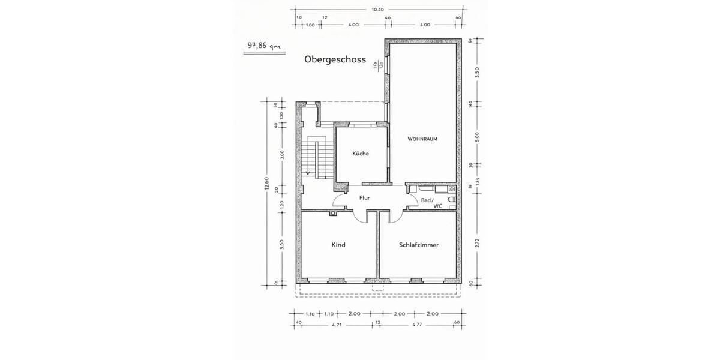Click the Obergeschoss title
point(335,60)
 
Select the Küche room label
point(361,154)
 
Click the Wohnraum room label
point(422,139)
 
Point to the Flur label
point(364,197)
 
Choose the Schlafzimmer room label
point(419,245)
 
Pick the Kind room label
point(338,245)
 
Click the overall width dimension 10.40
point(377,9)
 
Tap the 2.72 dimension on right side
point(478,243)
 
